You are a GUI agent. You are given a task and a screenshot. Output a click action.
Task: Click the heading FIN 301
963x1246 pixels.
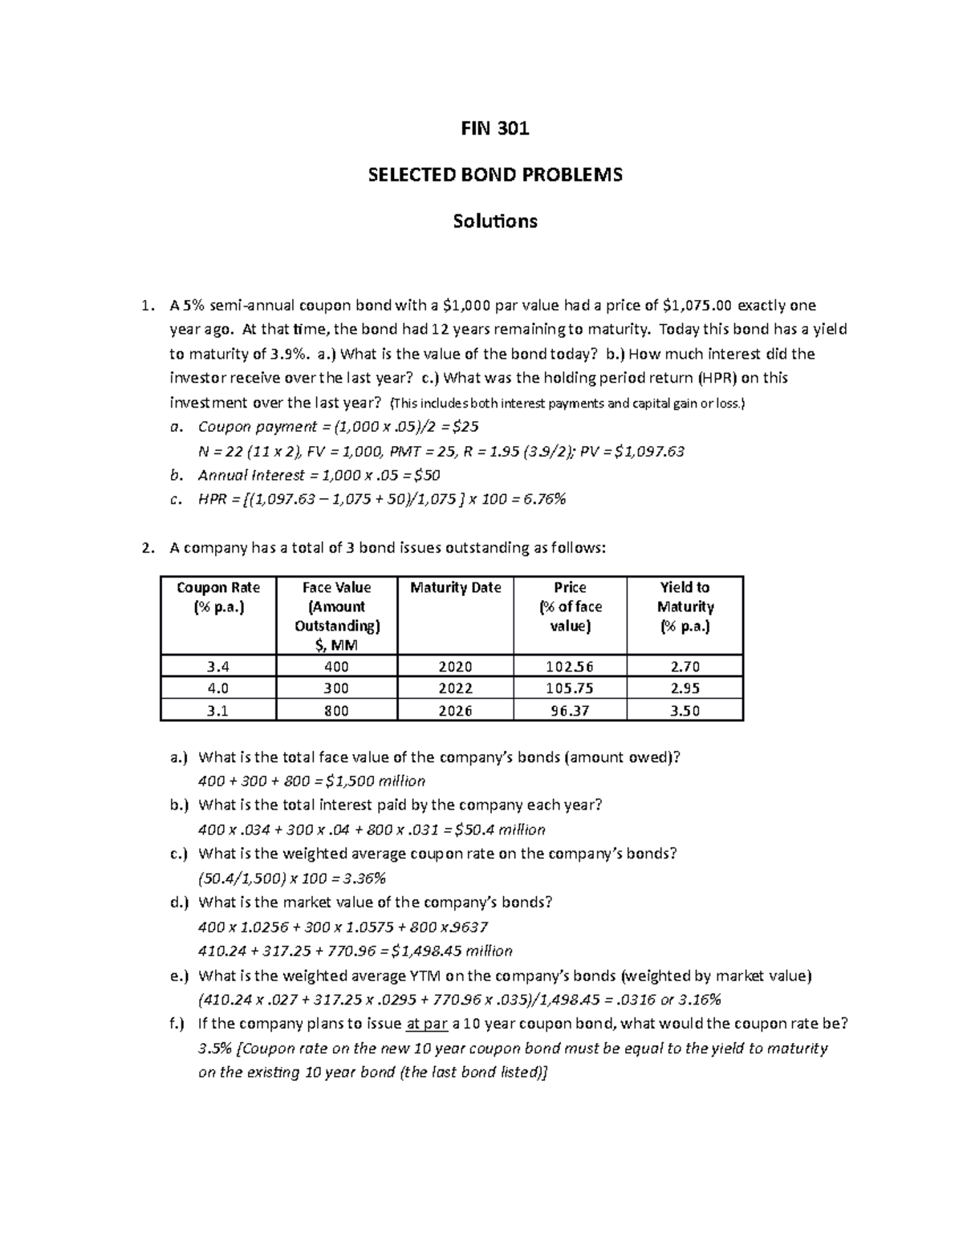[x=494, y=128]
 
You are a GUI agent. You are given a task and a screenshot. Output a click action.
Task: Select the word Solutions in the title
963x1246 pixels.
[x=494, y=221]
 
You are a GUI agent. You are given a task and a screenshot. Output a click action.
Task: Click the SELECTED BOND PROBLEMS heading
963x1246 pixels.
[x=494, y=175]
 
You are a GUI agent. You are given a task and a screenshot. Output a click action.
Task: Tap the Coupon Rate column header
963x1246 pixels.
[x=218, y=598]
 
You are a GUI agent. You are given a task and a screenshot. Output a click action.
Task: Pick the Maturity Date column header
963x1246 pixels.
[x=455, y=588]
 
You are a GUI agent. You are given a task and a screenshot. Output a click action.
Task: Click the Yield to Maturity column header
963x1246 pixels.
[x=685, y=607]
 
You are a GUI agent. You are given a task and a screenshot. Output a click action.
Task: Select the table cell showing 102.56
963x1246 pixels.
[x=570, y=667]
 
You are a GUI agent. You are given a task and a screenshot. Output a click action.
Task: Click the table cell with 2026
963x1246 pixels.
[x=455, y=711]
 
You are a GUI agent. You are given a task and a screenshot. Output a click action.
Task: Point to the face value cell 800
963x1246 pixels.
[x=336, y=711]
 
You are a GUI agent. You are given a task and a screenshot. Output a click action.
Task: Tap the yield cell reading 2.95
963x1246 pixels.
[x=685, y=688]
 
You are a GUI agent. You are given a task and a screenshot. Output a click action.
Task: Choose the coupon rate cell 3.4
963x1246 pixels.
[x=218, y=667]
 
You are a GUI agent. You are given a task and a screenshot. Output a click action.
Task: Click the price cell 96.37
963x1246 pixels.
[x=570, y=711]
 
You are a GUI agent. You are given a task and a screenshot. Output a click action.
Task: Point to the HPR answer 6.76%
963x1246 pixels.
[x=544, y=499]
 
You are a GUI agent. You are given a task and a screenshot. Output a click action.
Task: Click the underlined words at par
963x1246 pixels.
[x=427, y=1024]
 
